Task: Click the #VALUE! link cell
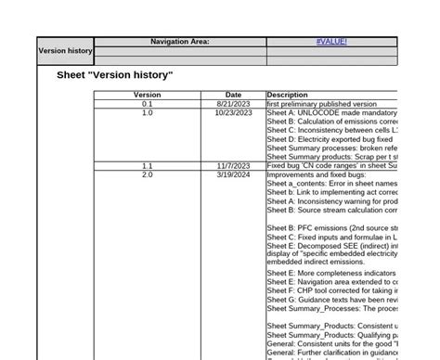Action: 331,42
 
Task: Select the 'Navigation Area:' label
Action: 179,42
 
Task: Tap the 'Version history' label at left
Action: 65,51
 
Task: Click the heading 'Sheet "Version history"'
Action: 115,74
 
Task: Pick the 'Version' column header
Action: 147,95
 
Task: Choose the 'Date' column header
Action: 233,95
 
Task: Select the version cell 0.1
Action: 147,105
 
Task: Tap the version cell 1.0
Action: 147,113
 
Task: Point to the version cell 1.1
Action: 147,165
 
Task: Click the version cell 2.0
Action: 147,174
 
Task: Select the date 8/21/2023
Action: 234,105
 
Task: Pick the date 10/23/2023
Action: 234,113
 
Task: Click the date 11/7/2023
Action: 234,165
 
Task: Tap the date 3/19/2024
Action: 234,174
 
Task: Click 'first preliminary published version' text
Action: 321,105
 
